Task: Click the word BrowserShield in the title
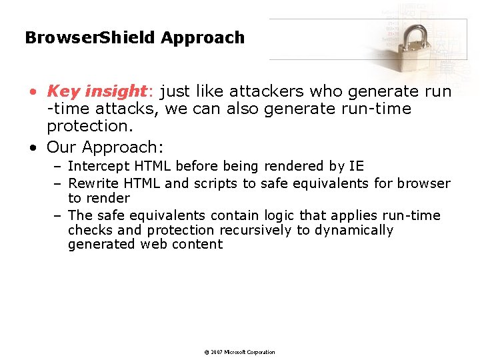coord(90,38)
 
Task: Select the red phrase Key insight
coord(96,91)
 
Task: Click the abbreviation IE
coord(356,166)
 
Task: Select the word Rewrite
coord(93,183)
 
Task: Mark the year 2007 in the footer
coord(217,352)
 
